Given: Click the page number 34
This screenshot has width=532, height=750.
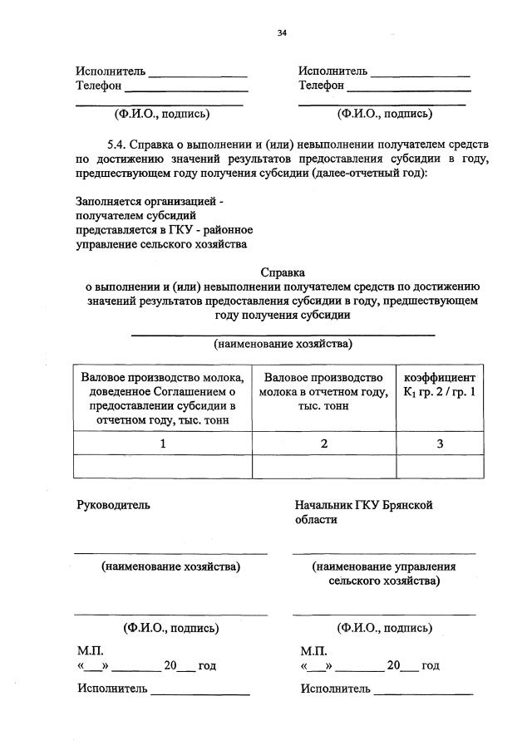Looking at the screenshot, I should pos(282,33).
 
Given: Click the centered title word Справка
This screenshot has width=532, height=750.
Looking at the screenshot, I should pos(283,272).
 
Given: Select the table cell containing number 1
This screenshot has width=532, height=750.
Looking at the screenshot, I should pos(163,444).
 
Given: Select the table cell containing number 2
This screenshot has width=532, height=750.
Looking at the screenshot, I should pos(324,444).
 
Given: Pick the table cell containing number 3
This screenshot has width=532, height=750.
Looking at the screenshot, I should pos(439,444).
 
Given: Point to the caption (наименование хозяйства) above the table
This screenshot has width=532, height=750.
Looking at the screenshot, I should pos(283,343).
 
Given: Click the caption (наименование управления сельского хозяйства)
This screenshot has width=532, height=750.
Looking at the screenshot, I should pos(384,574).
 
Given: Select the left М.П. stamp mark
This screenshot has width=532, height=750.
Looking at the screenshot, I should pos(91,650).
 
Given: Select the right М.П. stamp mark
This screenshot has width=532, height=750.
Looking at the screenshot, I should pos(314,650).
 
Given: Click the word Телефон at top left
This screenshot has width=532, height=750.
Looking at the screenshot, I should pos(99,85).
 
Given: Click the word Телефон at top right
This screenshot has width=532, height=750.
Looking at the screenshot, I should pos(322,85).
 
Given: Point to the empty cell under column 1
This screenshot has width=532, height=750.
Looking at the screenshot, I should pos(163,467).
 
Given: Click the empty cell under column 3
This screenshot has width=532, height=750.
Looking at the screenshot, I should pos(439,467).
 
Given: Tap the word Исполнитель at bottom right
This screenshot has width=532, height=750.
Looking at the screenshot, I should pos(336,688).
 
